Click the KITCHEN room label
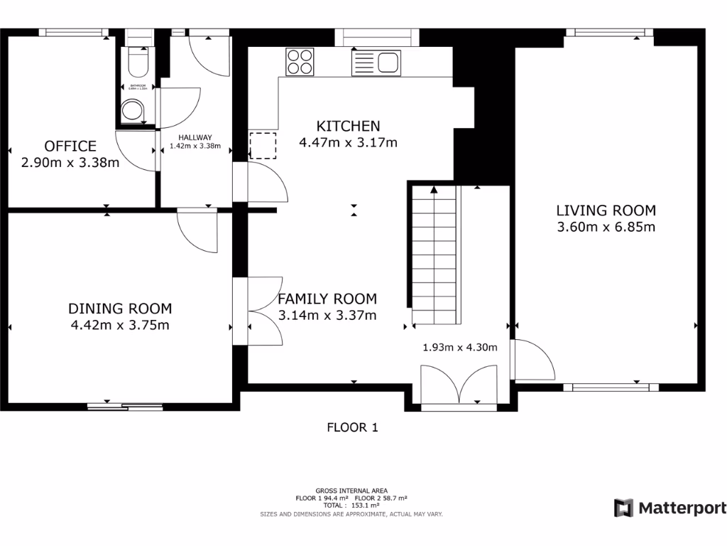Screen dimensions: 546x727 click(348, 126)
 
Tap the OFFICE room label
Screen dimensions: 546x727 click(70, 146)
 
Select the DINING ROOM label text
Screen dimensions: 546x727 click(120, 309)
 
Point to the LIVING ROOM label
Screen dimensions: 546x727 click(606, 210)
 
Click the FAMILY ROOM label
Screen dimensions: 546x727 click(327, 299)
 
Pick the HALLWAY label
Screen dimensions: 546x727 click(195, 138)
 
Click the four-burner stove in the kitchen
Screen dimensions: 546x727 click(300, 61)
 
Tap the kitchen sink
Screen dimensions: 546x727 click(377, 63)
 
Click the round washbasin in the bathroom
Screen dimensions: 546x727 click(131, 111)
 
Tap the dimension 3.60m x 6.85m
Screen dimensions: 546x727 click(606, 227)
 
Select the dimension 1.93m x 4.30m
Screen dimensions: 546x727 click(459, 348)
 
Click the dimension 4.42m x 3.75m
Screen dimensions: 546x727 click(120, 326)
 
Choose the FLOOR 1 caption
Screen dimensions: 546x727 click(352, 427)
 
